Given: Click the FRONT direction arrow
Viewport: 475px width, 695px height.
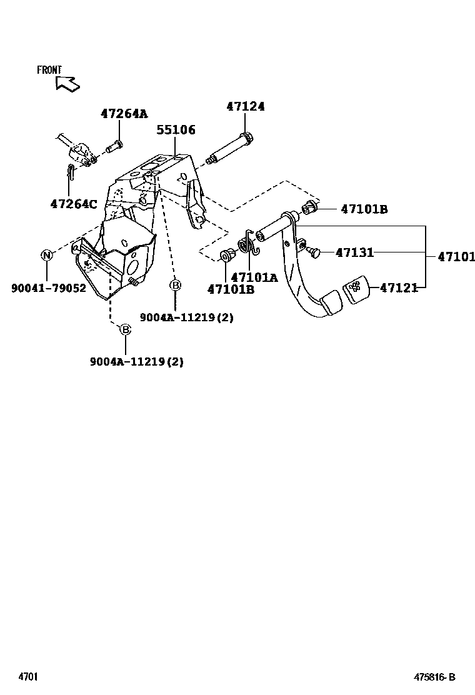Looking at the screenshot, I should coord(66,83).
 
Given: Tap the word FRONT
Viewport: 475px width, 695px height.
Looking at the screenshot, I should coord(49,70).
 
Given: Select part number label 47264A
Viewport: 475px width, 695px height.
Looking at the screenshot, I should coord(124,114).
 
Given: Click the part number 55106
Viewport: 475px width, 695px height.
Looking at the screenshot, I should coord(176,130).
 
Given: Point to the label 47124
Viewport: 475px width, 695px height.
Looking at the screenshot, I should coord(245,107).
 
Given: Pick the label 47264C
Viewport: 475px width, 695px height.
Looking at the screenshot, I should coord(74,204).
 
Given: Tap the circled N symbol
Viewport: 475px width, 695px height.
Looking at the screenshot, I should coord(47,255).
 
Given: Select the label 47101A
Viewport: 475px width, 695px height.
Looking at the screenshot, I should coord(254,277).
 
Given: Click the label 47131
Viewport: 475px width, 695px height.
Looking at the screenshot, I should coord(354,252).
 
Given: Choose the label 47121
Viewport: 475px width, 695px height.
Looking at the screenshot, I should coord(399,287).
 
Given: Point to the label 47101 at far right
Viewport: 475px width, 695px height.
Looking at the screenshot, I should coord(456,256).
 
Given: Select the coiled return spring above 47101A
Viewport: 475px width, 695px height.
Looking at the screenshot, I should coord(247,243).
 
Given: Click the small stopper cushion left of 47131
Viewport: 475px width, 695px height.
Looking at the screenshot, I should coord(314,252).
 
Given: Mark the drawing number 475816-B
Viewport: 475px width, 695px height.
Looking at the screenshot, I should coord(434,677).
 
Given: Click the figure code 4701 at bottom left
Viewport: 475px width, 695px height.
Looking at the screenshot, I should coord(28,677).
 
